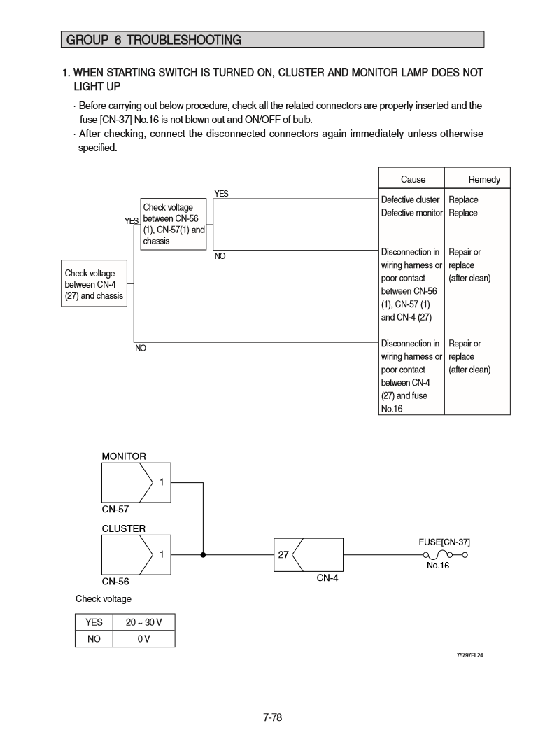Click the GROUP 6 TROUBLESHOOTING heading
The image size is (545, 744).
pos(154,41)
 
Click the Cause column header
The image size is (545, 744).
pos(413,180)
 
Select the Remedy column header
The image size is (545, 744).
pos(484,180)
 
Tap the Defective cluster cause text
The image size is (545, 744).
pos(410,200)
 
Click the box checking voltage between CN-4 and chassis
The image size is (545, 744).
pos(94,284)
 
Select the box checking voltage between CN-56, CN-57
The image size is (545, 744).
pos(174,224)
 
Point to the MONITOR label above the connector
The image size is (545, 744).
pos(124,456)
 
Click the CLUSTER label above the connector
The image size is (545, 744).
pos(124,528)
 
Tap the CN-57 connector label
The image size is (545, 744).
pos(115,510)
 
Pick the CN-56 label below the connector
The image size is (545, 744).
pos(115,581)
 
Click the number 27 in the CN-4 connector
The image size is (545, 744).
pos(283,554)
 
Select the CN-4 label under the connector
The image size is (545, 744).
pos(327,578)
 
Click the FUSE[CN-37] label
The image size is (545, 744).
pos(444,542)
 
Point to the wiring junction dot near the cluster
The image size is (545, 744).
pos(203,555)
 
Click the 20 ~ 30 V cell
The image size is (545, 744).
pos(144,622)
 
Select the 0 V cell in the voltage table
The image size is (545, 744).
pos(144,638)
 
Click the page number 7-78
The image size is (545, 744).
pos(272,717)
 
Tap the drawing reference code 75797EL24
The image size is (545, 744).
pos(469,655)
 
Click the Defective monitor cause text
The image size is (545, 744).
pos(411,213)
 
